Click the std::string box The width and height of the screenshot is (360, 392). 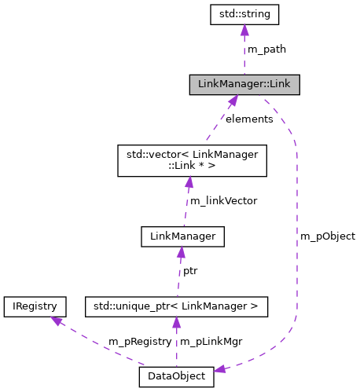[x=244, y=13]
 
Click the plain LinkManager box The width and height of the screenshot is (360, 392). [x=182, y=235]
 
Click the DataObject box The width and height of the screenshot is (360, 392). [x=176, y=377]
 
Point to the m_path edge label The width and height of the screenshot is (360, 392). [x=266, y=49]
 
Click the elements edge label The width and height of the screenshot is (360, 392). [x=248, y=119]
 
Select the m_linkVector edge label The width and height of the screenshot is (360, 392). [x=224, y=200]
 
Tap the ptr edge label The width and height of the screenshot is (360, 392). [x=190, y=271]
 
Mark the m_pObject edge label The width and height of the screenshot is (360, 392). [x=328, y=236]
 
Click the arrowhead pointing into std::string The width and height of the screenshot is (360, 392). [x=244, y=30]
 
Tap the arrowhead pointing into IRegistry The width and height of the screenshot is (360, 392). [x=56, y=321]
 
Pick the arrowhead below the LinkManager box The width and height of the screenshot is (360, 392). [x=181, y=251]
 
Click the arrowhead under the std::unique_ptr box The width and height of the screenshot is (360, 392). [x=176, y=322]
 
